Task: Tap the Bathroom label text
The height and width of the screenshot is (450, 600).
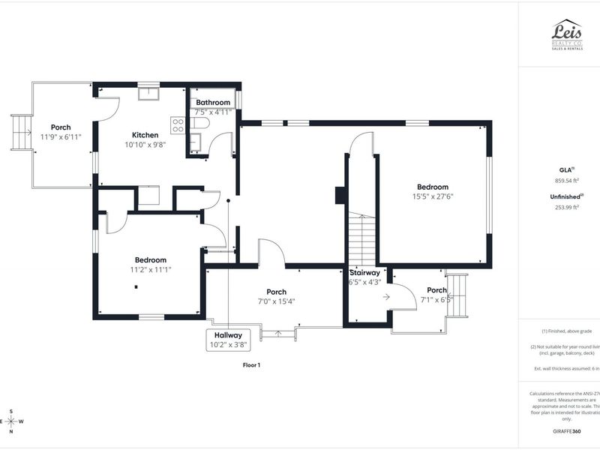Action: click(x=213, y=102)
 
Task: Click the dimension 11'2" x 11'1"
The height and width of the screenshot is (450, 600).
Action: click(x=150, y=269)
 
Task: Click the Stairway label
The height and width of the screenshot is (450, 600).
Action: click(x=365, y=273)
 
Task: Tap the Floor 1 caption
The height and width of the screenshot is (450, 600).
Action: click(x=250, y=365)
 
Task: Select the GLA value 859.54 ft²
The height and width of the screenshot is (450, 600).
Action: click(x=568, y=181)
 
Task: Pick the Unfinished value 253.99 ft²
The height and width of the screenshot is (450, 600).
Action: click(x=568, y=208)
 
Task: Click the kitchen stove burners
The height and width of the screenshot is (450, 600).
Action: click(x=178, y=121)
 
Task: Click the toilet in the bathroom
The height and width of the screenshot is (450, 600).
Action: click(x=199, y=122)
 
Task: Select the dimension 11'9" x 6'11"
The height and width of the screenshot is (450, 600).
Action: click(x=61, y=136)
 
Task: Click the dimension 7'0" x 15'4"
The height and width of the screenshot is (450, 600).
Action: click(x=276, y=301)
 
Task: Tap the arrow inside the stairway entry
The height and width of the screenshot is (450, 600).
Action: click(x=385, y=297)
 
